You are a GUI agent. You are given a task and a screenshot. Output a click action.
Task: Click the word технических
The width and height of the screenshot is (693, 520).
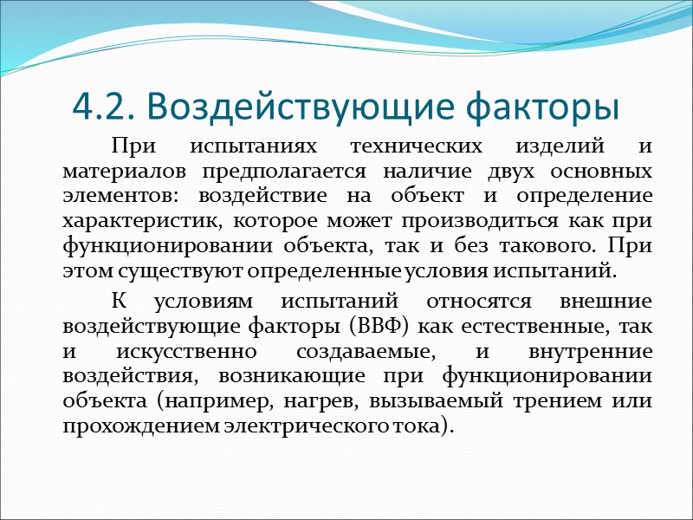tap(410, 146)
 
